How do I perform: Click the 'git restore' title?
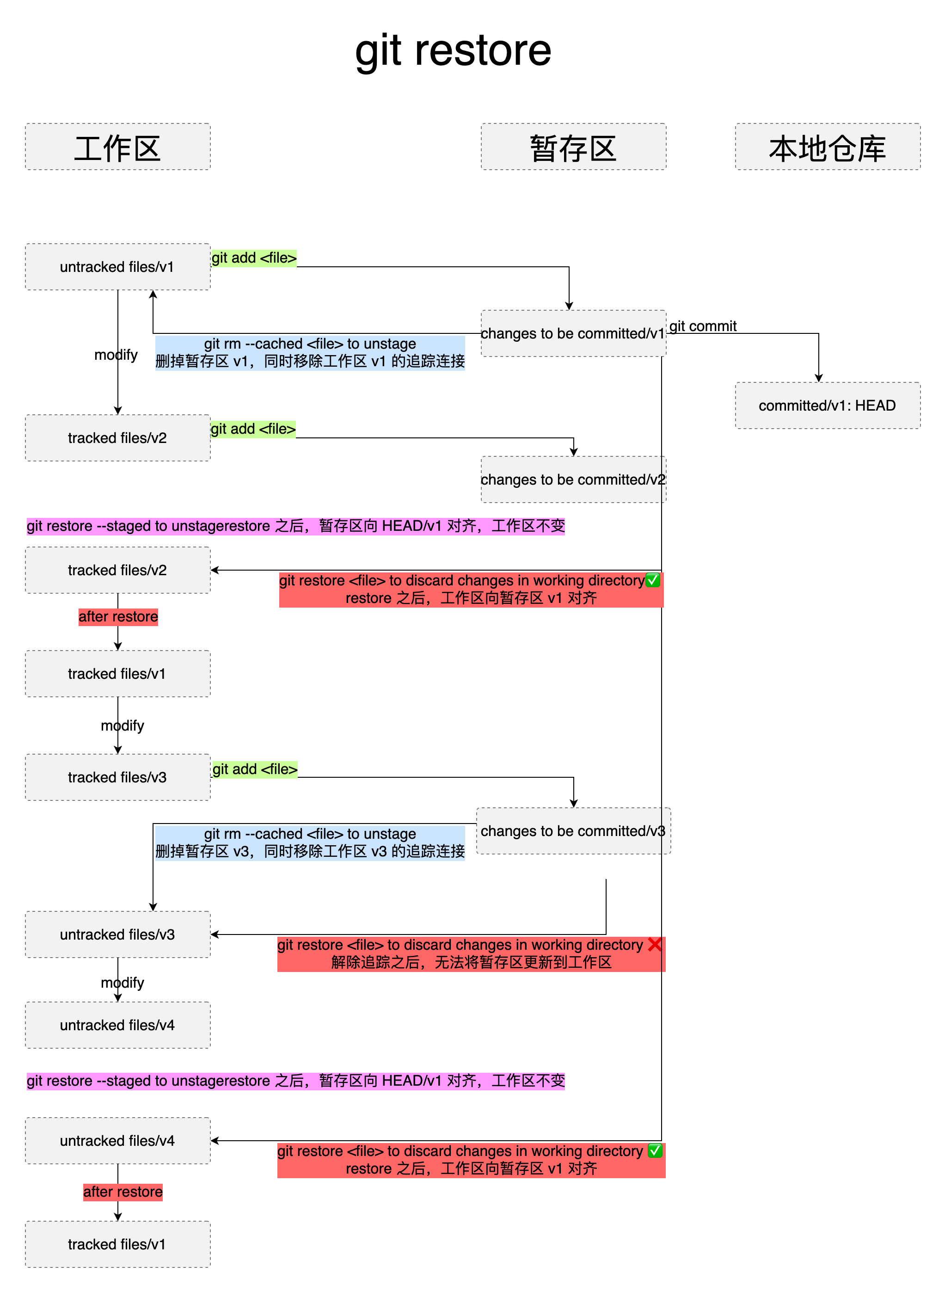tap(453, 51)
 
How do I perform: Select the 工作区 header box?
tap(117, 147)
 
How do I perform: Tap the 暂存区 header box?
tap(573, 147)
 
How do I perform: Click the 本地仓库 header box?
tap(827, 147)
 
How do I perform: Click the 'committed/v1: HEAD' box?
tap(827, 406)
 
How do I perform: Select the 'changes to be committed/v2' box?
tap(573, 480)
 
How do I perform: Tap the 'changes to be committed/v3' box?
tap(573, 830)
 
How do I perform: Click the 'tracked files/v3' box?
tap(117, 777)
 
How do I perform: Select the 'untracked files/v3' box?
tap(117, 934)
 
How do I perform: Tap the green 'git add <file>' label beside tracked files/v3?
tap(255, 769)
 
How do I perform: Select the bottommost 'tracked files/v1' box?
tap(117, 1244)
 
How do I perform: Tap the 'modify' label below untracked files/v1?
tap(116, 355)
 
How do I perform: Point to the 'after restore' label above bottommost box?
tap(123, 1192)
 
